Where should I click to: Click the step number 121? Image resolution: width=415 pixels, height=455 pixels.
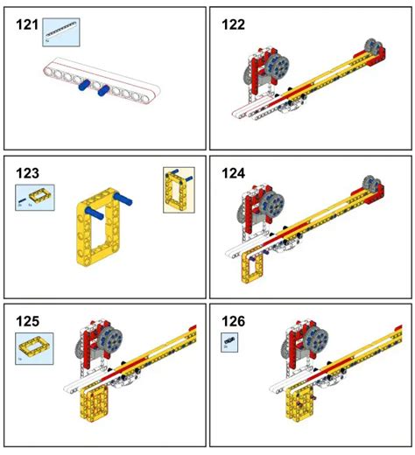pyautogui.click(x=27, y=25)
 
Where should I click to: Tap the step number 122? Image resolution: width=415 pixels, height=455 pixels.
pyautogui.click(x=234, y=25)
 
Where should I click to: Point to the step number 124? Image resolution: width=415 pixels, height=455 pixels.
pyautogui.click(x=234, y=173)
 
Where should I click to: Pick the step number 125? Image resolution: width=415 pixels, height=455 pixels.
pyautogui.click(x=27, y=320)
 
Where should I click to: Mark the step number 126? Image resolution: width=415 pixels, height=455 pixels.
pyautogui.click(x=234, y=320)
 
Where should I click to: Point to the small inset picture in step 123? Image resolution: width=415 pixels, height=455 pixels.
pyautogui.click(x=178, y=190)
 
